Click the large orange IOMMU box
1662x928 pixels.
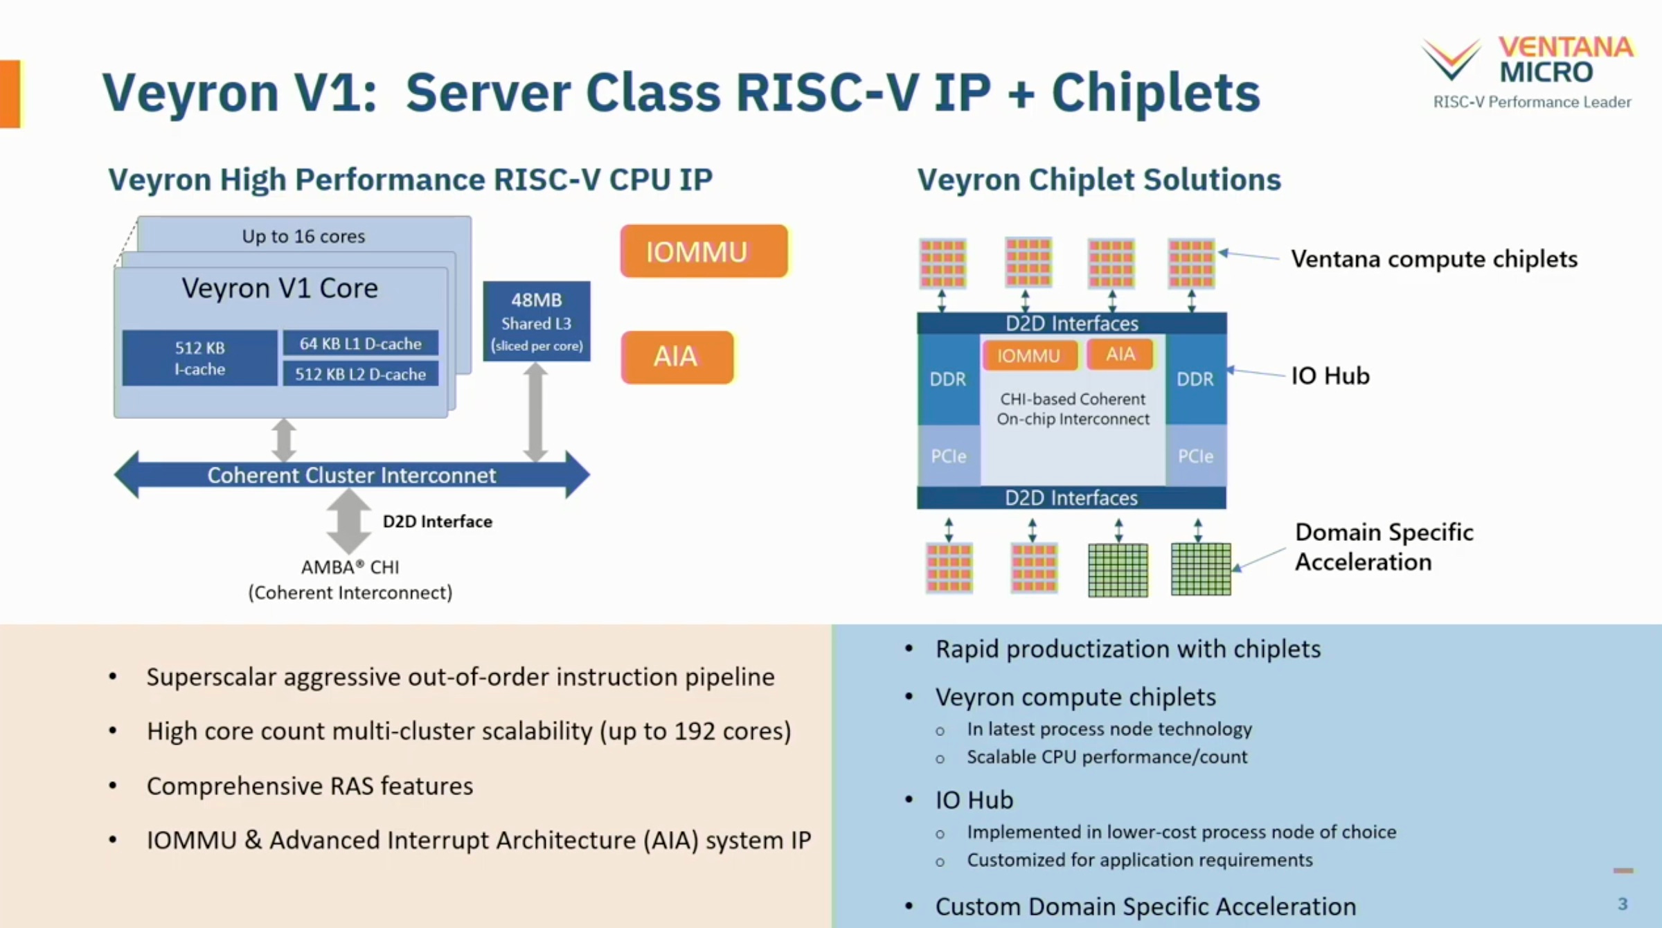[x=704, y=251]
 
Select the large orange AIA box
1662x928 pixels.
[x=677, y=357]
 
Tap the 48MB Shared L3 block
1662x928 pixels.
[x=537, y=321]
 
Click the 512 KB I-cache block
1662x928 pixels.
[x=199, y=358]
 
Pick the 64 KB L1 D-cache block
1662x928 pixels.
[x=360, y=343]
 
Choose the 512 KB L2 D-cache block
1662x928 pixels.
[x=360, y=374]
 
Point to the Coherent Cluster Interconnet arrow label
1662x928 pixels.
[x=352, y=476]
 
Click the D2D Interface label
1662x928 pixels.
[x=438, y=521]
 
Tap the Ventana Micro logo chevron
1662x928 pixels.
[x=1451, y=58]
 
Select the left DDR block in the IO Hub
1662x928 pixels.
[x=948, y=380]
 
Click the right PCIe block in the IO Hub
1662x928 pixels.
[x=1196, y=456]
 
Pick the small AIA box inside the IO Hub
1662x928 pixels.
[x=1120, y=355]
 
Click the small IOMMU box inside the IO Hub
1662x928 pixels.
[x=1029, y=356]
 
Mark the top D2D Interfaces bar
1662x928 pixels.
[x=1072, y=323]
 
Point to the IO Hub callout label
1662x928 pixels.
[x=1330, y=376]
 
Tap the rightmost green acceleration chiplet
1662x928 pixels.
[x=1201, y=569]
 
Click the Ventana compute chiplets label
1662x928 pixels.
[x=1434, y=259]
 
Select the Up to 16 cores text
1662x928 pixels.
[x=303, y=237]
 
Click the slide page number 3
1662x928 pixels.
[x=1623, y=904]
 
